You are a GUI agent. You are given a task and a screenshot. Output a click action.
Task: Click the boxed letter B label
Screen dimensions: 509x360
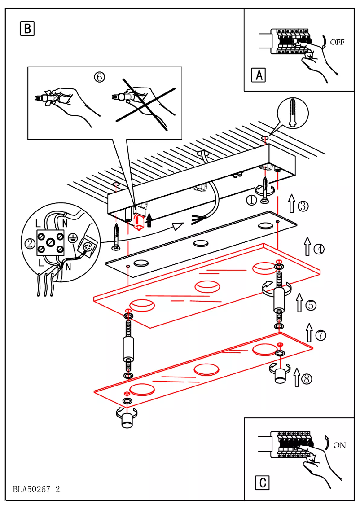27,29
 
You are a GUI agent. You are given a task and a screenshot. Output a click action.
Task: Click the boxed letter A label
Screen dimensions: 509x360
259,75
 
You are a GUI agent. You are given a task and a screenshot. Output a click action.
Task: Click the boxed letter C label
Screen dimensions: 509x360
263,483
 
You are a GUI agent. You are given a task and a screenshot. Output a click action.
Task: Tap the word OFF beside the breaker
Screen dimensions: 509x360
337,42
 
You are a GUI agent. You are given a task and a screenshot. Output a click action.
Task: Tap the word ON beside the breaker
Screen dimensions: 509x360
339,445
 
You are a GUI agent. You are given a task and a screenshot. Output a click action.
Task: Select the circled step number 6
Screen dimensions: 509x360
99,77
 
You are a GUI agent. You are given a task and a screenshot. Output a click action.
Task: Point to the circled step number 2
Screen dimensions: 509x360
30,244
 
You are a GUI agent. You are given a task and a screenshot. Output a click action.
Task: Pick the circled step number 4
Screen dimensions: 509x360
319,248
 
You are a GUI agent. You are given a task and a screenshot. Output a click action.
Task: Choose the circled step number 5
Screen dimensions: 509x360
311,305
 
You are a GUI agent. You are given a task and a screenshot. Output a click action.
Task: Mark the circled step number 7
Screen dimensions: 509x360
320,335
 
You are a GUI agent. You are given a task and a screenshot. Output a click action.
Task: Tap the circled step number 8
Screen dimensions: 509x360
307,379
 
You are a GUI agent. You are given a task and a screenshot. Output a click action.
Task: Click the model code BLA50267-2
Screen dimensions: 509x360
36,489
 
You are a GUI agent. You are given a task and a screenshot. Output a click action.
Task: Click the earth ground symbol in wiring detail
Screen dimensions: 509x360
71,238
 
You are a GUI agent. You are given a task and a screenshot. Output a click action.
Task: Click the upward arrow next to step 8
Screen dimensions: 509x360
296,377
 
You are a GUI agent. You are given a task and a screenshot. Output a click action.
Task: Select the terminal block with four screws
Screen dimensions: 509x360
49,242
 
